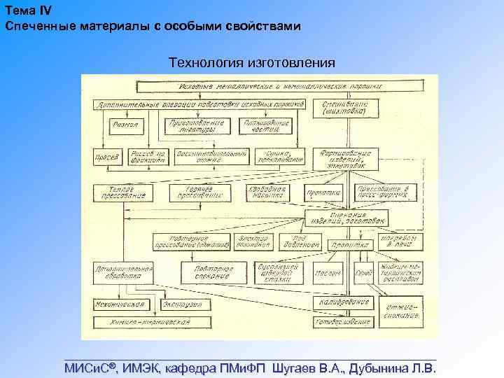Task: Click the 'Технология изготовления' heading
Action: (252, 63)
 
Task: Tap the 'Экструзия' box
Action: (183, 305)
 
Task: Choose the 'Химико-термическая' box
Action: (151, 323)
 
